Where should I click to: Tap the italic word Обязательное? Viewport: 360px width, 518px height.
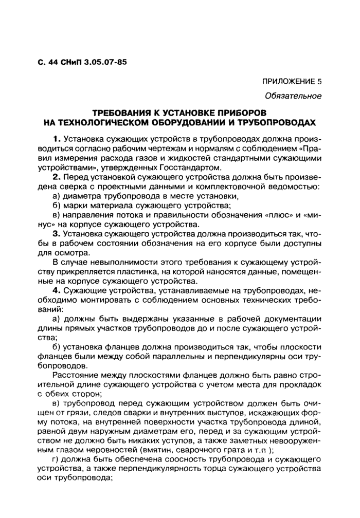tap(293, 96)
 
